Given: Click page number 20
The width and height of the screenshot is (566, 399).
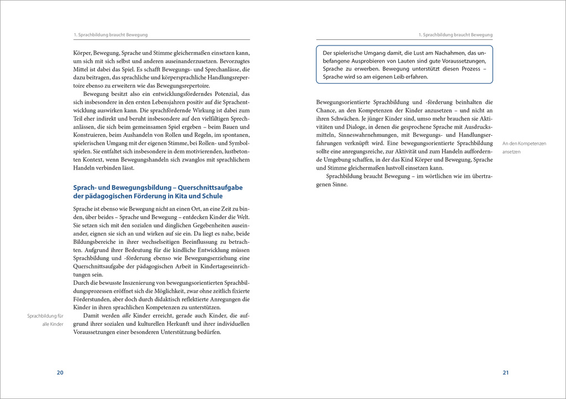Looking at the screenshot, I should point(60,372).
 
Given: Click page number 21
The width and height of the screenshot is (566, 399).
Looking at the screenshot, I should point(506,372).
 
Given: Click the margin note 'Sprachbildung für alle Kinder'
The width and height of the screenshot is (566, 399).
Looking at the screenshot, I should point(46,320).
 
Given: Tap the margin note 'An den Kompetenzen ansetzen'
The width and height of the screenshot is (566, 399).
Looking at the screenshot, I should point(524,147).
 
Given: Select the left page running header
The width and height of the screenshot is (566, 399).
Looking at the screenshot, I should point(110,34).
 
